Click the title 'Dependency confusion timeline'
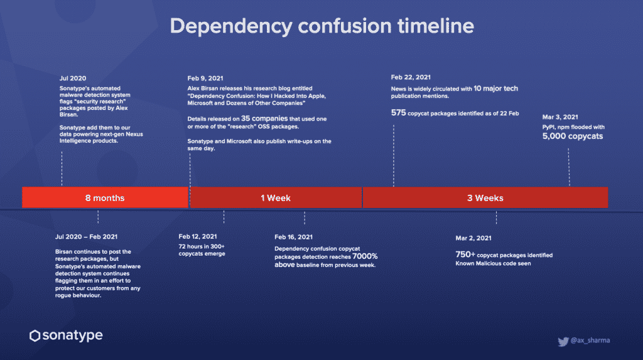click(322, 26)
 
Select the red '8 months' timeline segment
click(105, 197)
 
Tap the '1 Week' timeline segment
click(276, 198)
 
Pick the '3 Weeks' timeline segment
click(485, 198)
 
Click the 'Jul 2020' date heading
click(73, 79)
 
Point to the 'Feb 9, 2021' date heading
click(205, 79)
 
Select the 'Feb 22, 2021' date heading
click(411, 77)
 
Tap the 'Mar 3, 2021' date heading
click(560, 117)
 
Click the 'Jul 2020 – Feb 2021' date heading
click(86, 237)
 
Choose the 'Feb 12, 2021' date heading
click(198, 236)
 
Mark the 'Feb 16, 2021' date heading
click(293, 237)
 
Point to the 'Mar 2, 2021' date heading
click(473, 238)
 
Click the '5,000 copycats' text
click(573, 136)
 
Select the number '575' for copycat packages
click(398, 113)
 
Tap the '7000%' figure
click(365, 256)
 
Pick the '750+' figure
click(465, 255)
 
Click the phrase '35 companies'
click(264, 119)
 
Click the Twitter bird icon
click(563, 341)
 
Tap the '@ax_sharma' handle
click(590, 341)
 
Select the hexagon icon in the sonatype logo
click(35, 335)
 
